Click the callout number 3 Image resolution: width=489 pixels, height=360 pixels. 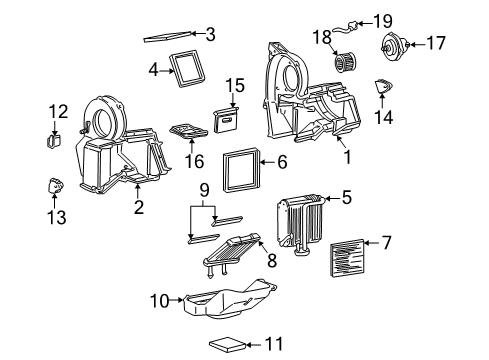tap(209, 34)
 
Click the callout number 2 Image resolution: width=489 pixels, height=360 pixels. tap(138, 207)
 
